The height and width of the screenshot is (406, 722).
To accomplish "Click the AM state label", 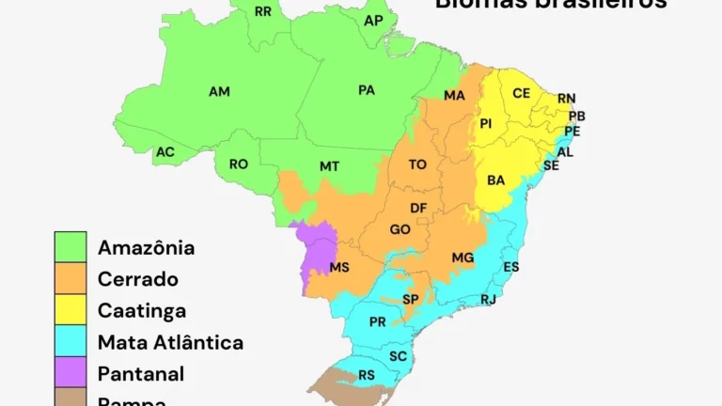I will click(x=219, y=91).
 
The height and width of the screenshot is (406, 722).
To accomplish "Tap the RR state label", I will click(x=263, y=11).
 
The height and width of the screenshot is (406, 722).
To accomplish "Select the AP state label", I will click(x=373, y=20).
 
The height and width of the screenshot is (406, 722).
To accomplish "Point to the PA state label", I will click(x=367, y=90).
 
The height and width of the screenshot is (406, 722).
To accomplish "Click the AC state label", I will click(x=165, y=151).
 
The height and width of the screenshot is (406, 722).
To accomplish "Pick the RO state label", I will click(x=239, y=164).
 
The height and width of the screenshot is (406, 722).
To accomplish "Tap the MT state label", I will click(x=329, y=166).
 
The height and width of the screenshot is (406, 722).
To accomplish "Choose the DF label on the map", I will click(x=418, y=208).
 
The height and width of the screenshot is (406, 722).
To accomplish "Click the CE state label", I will click(x=522, y=93).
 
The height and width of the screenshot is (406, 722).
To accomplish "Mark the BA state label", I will click(x=496, y=180).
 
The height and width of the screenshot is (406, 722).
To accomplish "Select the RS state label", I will click(x=367, y=376).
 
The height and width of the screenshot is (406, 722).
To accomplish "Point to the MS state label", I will click(x=339, y=268).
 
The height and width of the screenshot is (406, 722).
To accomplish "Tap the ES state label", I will click(x=511, y=268).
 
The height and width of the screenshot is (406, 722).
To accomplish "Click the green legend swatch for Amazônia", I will click(x=71, y=248).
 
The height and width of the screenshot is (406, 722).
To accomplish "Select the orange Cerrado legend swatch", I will click(x=71, y=279).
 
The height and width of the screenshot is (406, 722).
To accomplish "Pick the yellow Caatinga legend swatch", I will click(x=71, y=310).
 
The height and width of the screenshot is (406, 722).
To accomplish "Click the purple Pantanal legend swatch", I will click(x=71, y=373).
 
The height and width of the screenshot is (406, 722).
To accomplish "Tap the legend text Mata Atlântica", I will click(x=170, y=342).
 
